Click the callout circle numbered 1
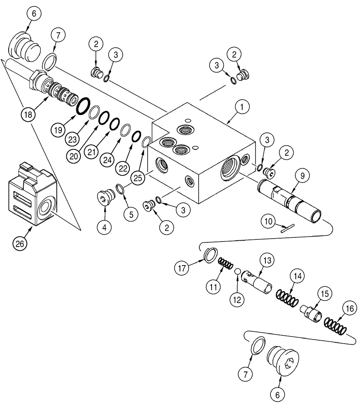[x=242, y=107]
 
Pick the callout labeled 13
[x=265, y=260]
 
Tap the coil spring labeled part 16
[x=336, y=325]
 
